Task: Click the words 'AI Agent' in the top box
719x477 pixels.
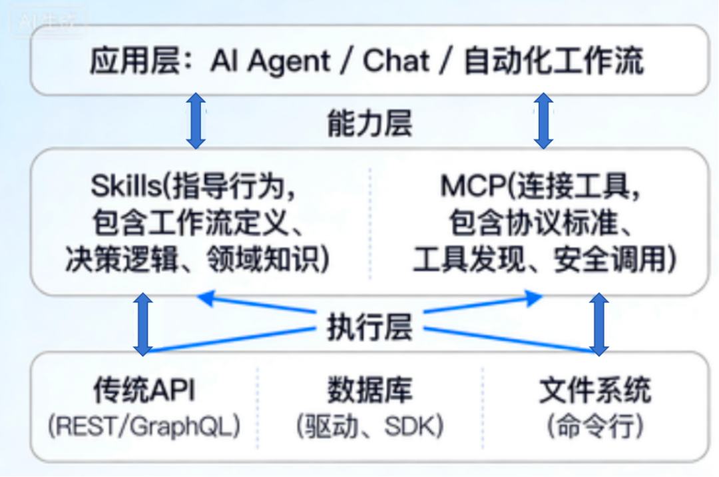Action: pos(270,62)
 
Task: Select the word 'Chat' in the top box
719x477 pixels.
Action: pos(396,62)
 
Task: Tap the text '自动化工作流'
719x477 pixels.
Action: pos(553,62)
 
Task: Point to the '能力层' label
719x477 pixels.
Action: pos(369,124)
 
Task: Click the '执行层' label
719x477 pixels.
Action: pos(369,327)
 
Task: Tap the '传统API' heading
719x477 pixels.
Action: pos(144,390)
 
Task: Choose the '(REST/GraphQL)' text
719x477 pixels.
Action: pos(144,426)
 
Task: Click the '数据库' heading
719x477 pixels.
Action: pos(369,390)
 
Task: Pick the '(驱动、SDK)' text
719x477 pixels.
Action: pos(369,426)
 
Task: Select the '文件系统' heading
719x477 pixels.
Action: pos(595,390)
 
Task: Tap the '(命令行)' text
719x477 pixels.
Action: pos(595,426)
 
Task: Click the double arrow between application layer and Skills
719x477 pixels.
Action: pos(196,121)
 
